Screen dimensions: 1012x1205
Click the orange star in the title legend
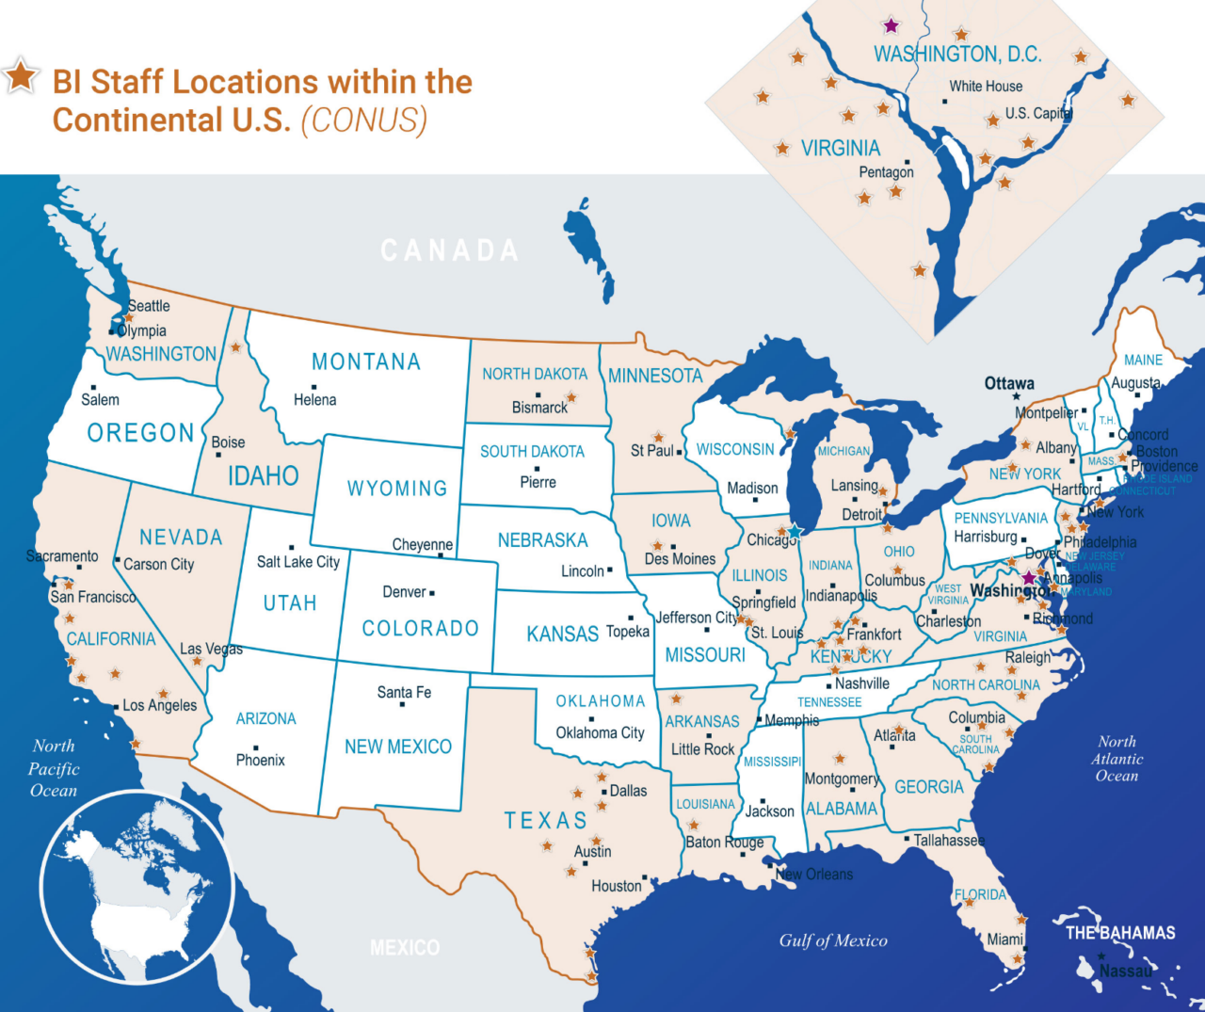[20, 76]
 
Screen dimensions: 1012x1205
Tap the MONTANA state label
[366, 362]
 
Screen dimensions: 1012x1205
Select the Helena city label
[314, 400]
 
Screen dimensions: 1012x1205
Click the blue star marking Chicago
[794, 532]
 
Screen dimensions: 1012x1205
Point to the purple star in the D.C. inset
[891, 26]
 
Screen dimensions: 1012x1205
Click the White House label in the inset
[986, 87]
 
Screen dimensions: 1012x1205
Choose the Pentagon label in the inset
[886, 172]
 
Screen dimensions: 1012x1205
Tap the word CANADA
[450, 250]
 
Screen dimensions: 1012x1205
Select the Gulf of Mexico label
[833, 940]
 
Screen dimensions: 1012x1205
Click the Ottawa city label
[1009, 383]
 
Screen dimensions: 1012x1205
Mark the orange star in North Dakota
[570, 397]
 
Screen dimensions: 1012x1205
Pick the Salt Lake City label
[298, 562]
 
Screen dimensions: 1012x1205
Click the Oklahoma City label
[600, 733]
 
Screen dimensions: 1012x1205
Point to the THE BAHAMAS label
[1120, 933]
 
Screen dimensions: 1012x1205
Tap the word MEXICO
[405, 948]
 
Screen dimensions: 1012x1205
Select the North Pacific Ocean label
[54, 768]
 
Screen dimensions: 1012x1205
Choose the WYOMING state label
[397, 489]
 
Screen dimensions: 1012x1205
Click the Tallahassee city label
[949, 840]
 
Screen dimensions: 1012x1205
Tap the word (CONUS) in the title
[364, 120]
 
